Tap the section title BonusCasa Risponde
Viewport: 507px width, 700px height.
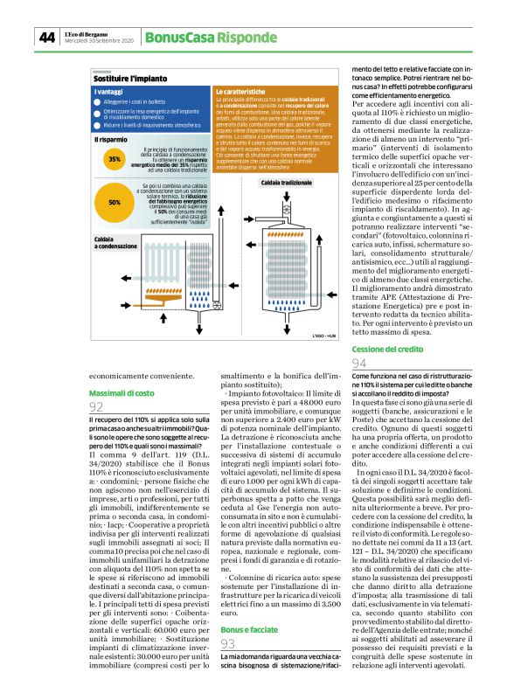[200, 38]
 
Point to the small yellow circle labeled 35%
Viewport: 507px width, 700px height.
[115, 160]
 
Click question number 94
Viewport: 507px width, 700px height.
[358, 364]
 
